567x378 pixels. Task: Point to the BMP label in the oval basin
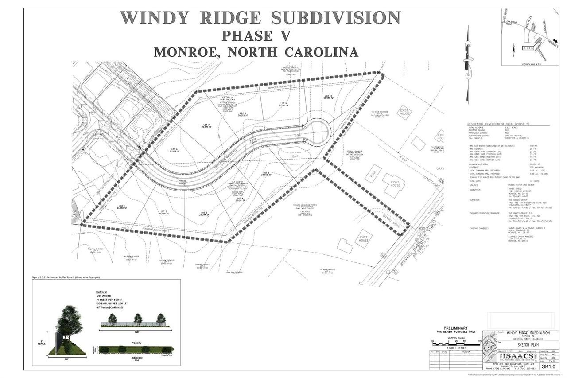295,156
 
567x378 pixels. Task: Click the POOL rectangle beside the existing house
373,175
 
